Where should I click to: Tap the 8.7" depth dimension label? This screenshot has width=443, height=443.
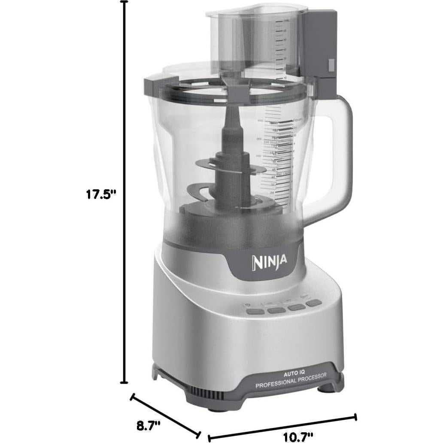point(148,426)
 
